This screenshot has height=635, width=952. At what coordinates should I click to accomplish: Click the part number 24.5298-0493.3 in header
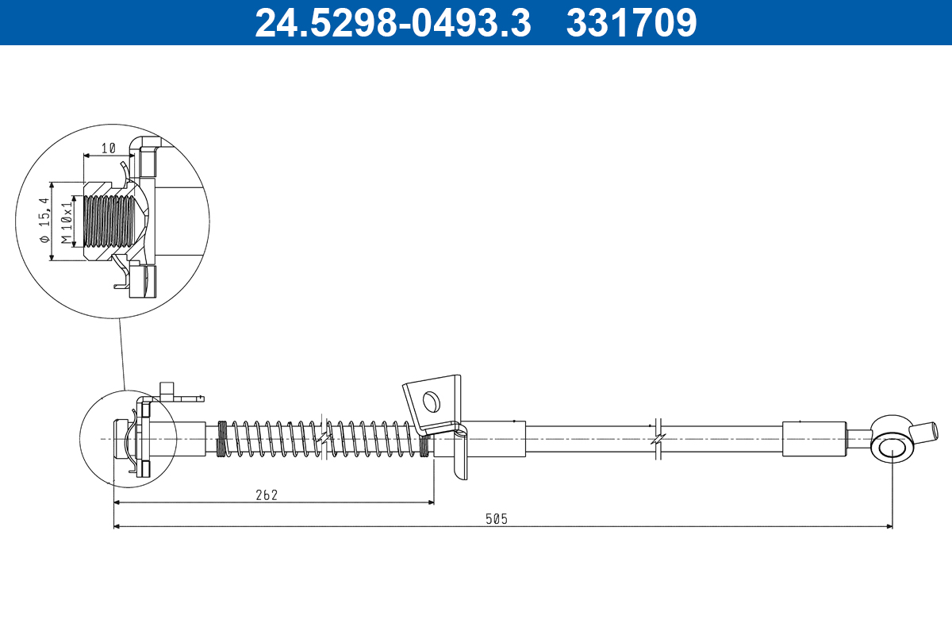[392, 23]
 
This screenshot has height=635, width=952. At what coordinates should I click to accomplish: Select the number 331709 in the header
[631, 23]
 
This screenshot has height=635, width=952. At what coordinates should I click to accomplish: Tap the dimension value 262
[267, 495]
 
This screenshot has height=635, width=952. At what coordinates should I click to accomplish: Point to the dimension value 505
[497, 519]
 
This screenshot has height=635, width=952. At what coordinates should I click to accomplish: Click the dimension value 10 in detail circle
[109, 148]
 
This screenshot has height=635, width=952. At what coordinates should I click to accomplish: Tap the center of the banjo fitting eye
[892, 448]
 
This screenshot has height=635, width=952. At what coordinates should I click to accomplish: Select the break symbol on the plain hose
[657, 439]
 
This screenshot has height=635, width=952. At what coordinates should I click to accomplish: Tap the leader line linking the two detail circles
[122, 354]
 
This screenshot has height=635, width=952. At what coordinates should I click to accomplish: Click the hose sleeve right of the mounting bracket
[492, 438]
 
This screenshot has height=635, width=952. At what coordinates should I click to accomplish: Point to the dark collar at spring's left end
[223, 438]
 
